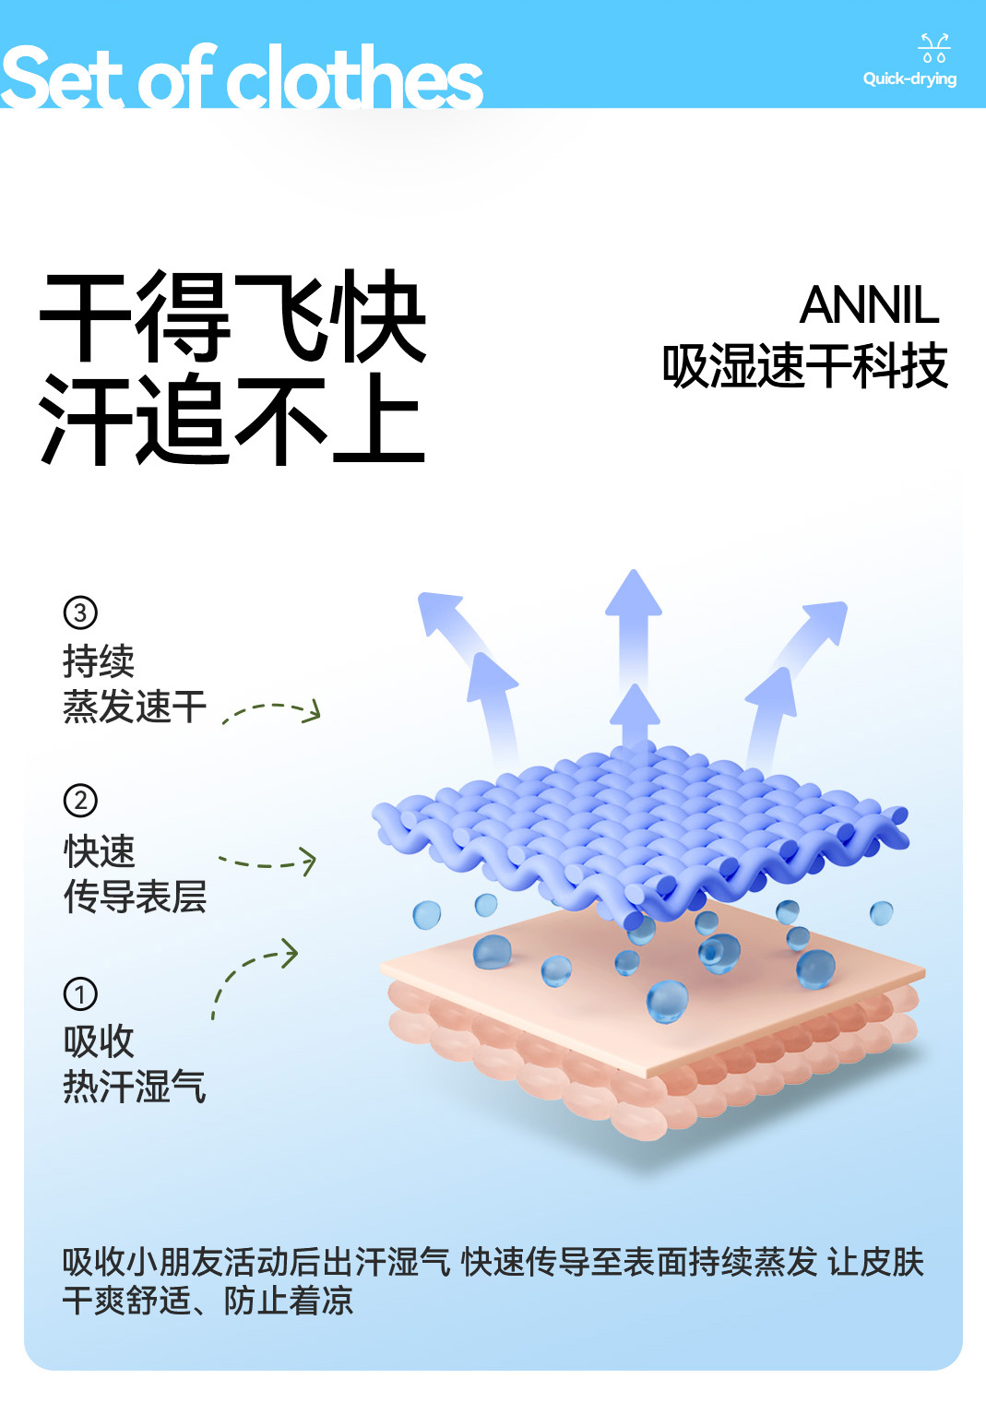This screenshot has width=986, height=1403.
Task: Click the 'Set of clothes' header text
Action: coord(242,77)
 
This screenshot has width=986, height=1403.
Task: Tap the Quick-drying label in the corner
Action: coord(909,79)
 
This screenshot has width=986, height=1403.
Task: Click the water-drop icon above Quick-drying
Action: coord(933,48)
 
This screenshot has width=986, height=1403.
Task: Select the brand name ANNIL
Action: coord(869,305)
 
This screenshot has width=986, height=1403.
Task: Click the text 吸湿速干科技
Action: coord(805,366)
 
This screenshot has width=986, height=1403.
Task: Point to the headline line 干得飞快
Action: coord(232,316)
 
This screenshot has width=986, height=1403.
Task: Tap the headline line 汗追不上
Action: coord(232,420)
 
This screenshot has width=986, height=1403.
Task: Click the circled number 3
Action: coord(80,612)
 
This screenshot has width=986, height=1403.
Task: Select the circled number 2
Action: coord(80,801)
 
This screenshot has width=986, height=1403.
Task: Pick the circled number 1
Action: coord(80,994)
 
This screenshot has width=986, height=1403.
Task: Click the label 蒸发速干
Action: coord(135,707)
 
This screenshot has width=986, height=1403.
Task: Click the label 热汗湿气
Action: coord(135,1087)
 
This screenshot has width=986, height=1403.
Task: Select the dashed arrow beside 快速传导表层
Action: coord(268,862)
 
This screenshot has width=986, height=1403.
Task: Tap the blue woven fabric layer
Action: coord(640,821)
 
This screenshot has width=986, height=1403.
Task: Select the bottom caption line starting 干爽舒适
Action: coord(208,1301)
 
